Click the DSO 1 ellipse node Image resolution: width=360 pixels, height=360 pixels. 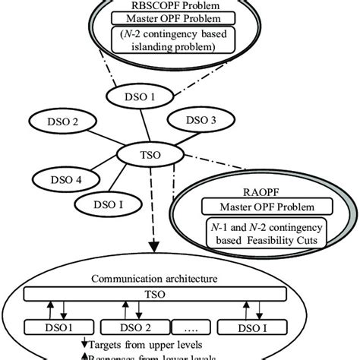click(x=143, y=96)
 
